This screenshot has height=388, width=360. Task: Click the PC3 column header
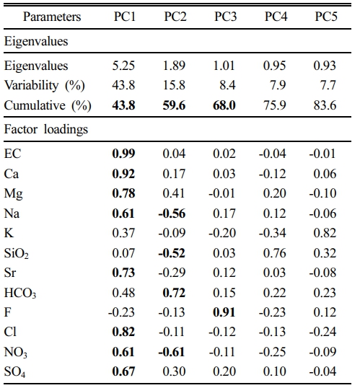coord(225,17)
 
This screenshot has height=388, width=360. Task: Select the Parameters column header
coord(52,17)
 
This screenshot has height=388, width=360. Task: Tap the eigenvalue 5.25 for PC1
coord(123,66)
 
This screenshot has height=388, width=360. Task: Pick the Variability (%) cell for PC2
coord(174,85)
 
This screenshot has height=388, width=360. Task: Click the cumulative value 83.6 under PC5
coord(325,105)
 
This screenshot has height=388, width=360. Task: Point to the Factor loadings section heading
coord(46,129)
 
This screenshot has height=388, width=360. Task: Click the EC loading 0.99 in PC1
coord(123,154)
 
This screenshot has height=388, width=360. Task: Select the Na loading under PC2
coord(172,213)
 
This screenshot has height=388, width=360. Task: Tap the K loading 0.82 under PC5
coord(325,233)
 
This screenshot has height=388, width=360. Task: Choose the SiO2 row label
coord(17,253)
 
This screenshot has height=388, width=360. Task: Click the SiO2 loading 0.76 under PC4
coord(275,253)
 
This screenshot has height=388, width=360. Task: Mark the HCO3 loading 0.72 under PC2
coord(174,293)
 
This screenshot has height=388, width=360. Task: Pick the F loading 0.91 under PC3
coord(224,312)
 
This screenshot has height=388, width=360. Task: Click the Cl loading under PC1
coord(123,332)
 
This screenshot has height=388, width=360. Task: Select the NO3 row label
coord(16,352)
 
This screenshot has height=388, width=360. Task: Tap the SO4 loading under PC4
coord(275,371)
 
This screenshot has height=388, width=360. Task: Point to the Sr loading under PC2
coord(172,273)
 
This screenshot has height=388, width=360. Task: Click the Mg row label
coord(14,194)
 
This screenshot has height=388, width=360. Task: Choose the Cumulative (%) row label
coord(48,105)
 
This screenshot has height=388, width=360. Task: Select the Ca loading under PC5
coord(325,174)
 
